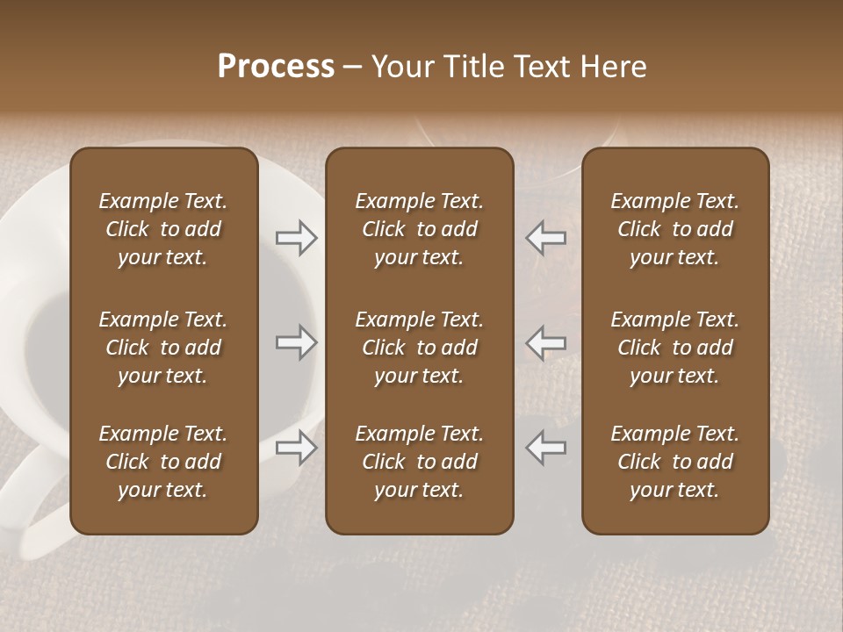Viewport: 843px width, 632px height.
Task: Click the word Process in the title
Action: click(276, 67)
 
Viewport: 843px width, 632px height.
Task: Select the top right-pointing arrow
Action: click(296, 238)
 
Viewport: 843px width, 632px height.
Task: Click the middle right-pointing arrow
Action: click(296, 342)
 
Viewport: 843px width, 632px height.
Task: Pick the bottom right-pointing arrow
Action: click(296, 448)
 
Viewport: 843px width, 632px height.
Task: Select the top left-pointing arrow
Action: click(546, 238)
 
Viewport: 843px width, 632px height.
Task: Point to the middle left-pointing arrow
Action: click(546, 342)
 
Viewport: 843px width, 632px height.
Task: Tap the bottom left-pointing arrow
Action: click(546, 448)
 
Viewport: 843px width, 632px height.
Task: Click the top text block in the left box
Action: click(163, 229)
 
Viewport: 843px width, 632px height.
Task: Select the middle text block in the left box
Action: click(163, 348)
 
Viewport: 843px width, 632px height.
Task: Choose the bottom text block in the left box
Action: click(163, 462)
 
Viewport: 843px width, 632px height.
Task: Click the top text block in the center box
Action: click(419, 229)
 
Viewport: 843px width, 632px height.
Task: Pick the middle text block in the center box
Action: click(419, 348)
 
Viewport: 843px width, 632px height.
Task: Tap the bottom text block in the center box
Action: click(419, 462)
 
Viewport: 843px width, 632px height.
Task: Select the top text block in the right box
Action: click(674, 229)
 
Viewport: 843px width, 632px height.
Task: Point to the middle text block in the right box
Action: click(674, 348)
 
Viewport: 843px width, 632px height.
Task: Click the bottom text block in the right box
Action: click(674, 462)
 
